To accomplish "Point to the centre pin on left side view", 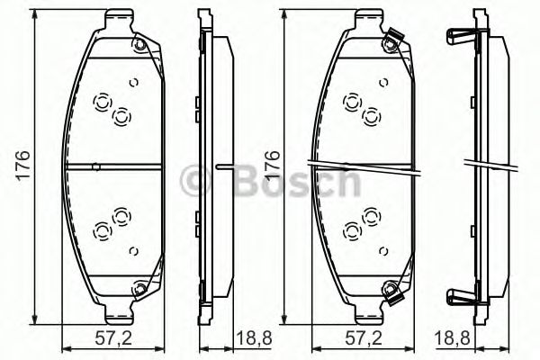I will click(x=225, y=166).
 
